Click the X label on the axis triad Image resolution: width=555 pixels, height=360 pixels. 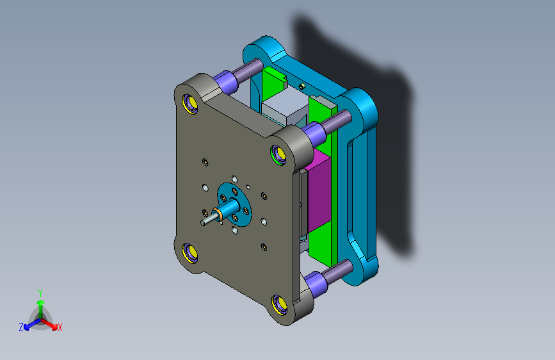click(x=60, y=327)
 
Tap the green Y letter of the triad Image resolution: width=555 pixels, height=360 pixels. click(x=40, y=293)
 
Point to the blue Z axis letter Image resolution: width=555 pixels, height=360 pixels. click(x=21, y=327)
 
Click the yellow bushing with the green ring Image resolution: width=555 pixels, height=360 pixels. click(x=279, y=154)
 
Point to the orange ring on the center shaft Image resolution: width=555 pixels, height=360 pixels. click(x=219, y=213)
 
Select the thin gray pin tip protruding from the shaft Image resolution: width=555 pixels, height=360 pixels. click(x=207, y=219)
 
